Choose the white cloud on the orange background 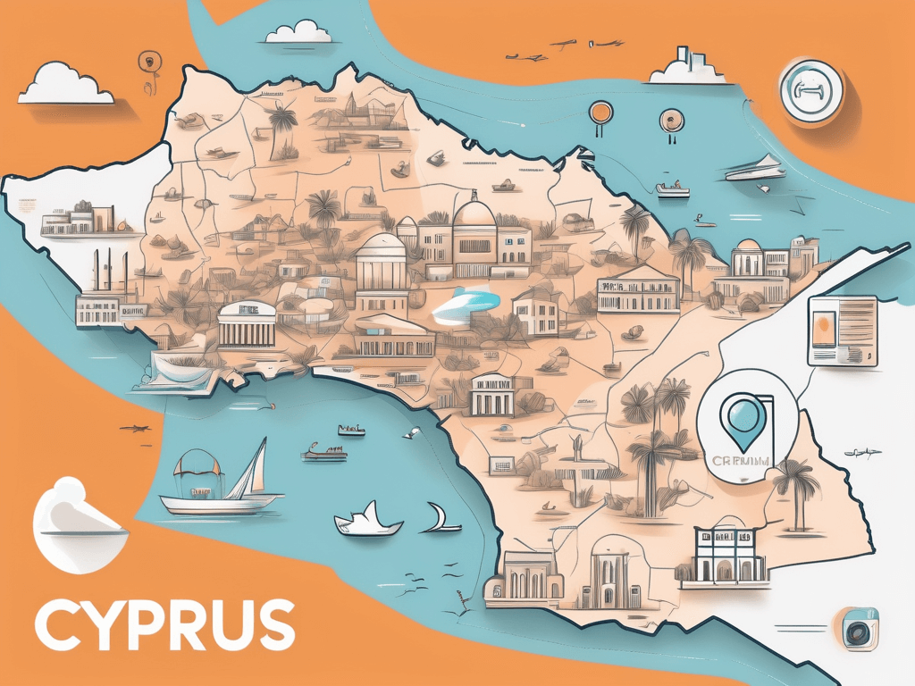(64, 86)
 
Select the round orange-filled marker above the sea (600, 113)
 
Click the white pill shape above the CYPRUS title (79, 526)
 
